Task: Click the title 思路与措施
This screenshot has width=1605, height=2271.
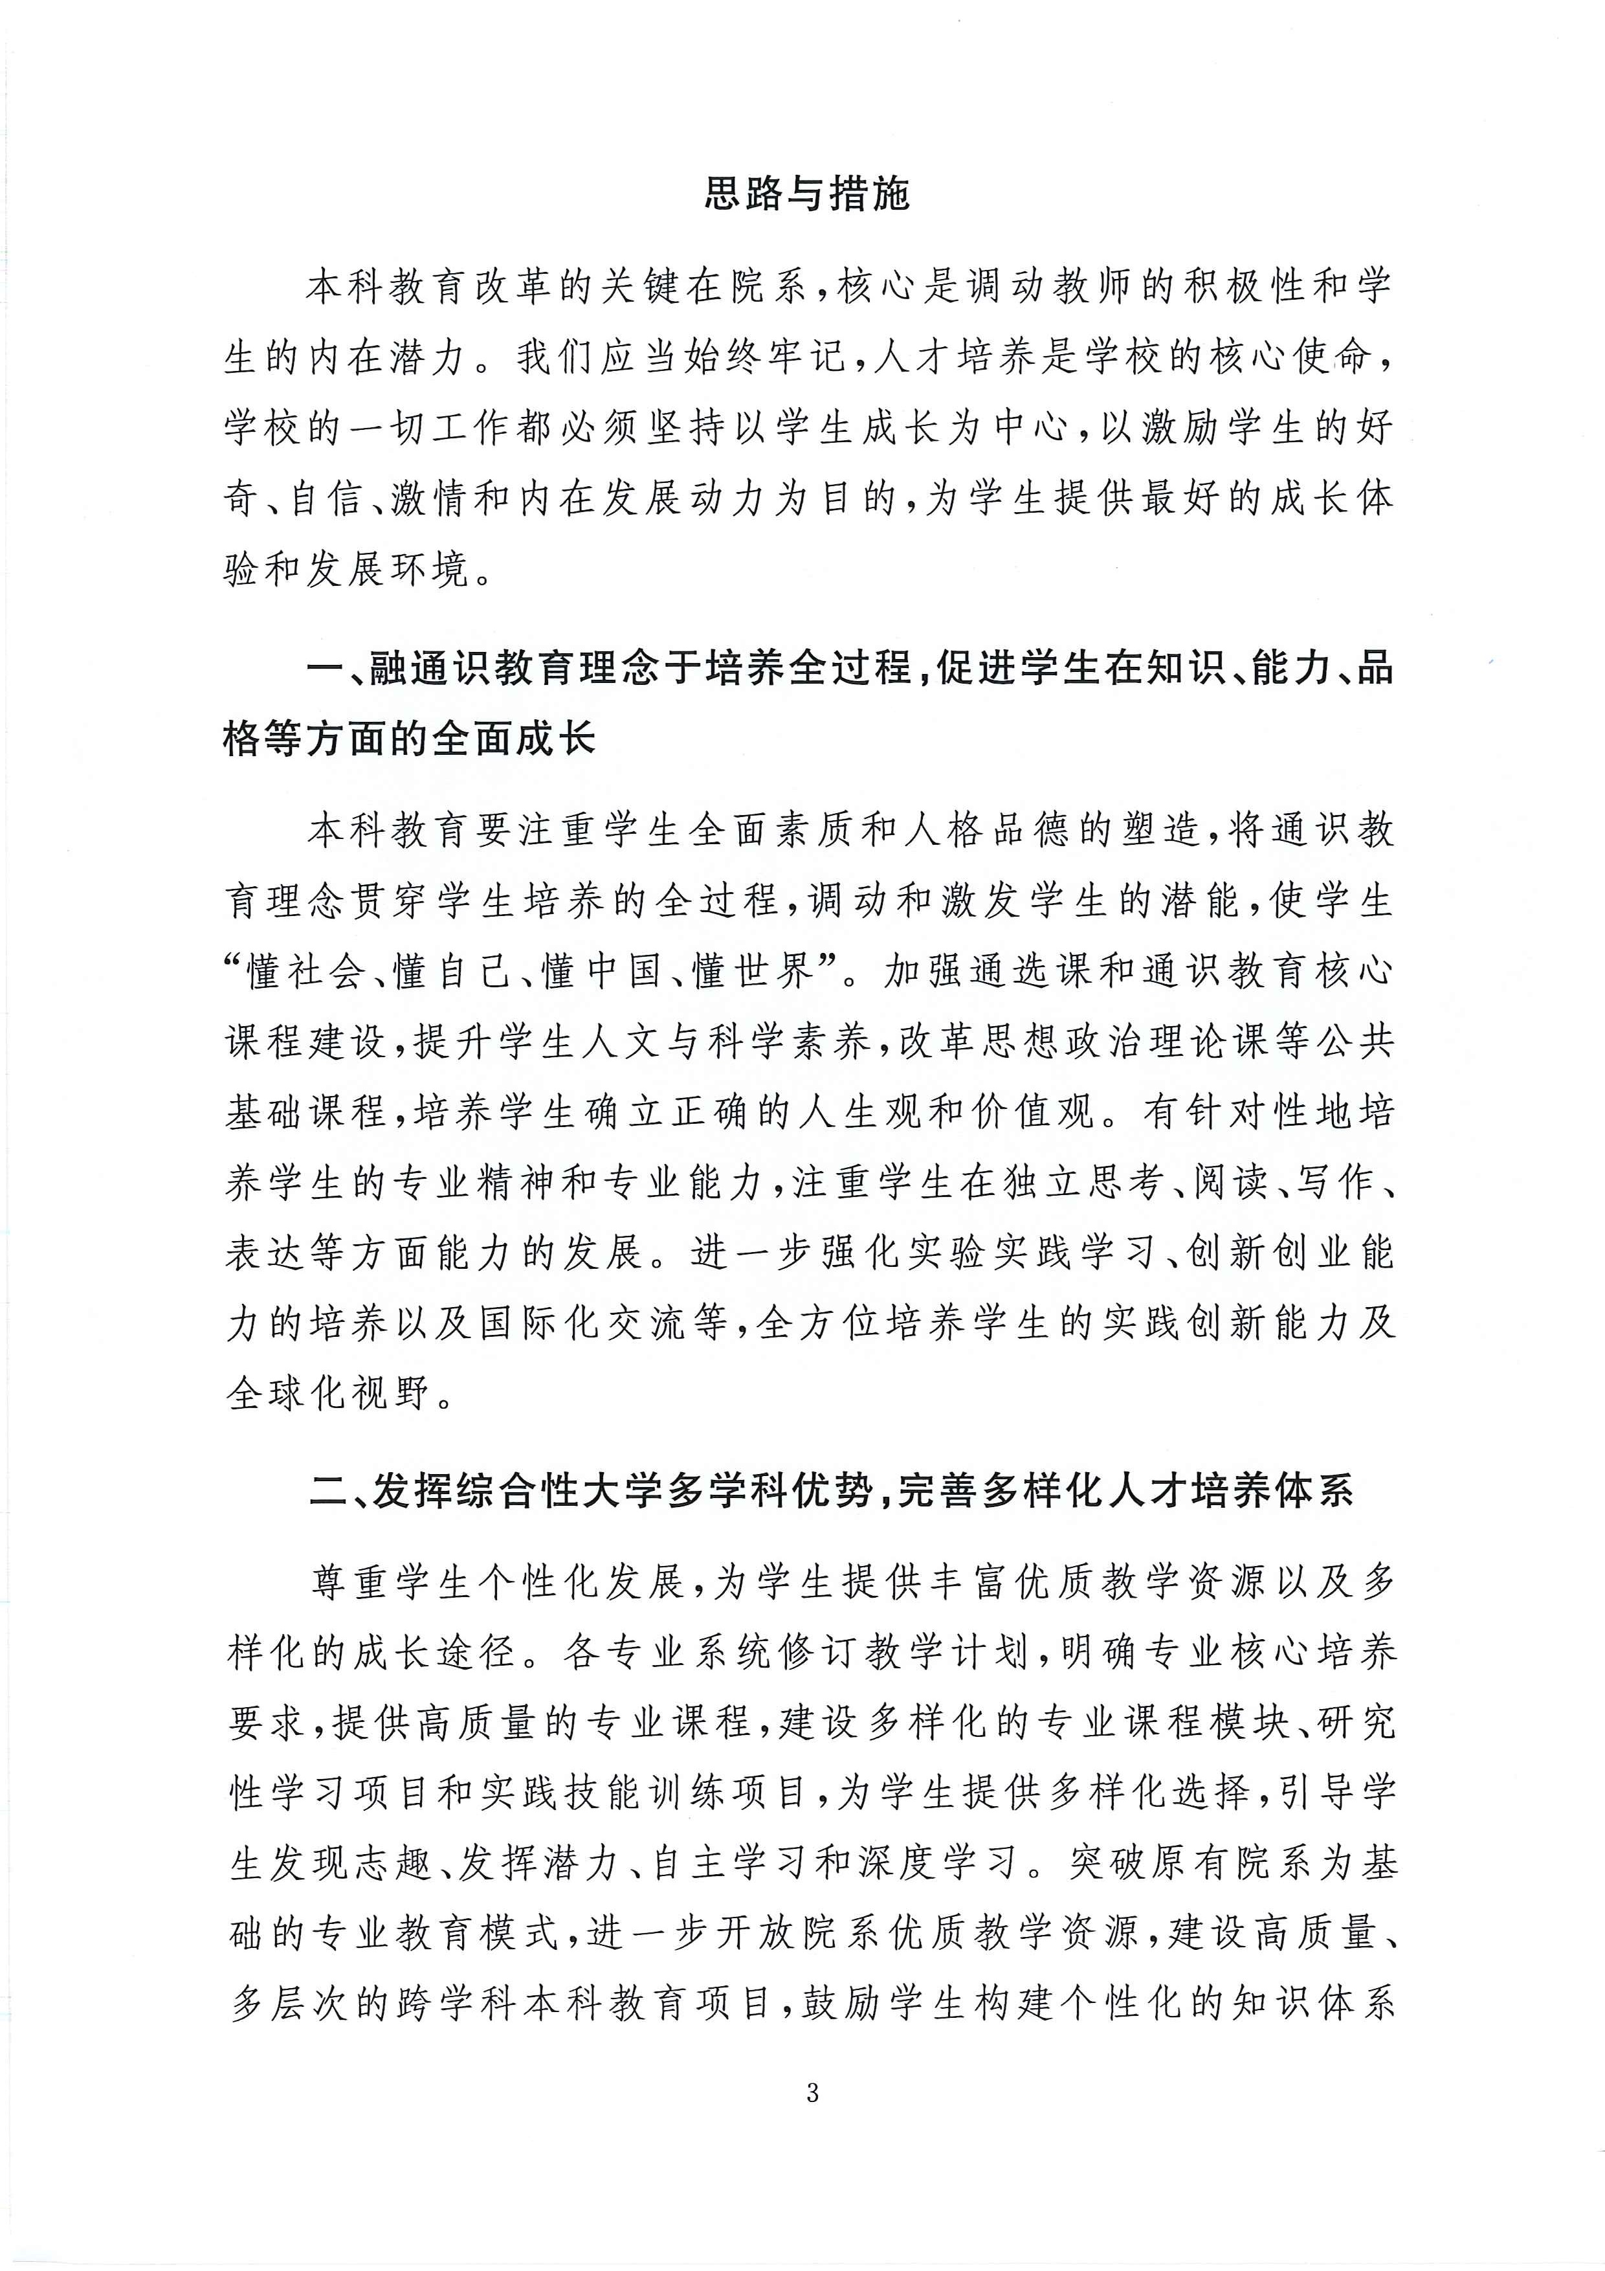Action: (x=805, y=194)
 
